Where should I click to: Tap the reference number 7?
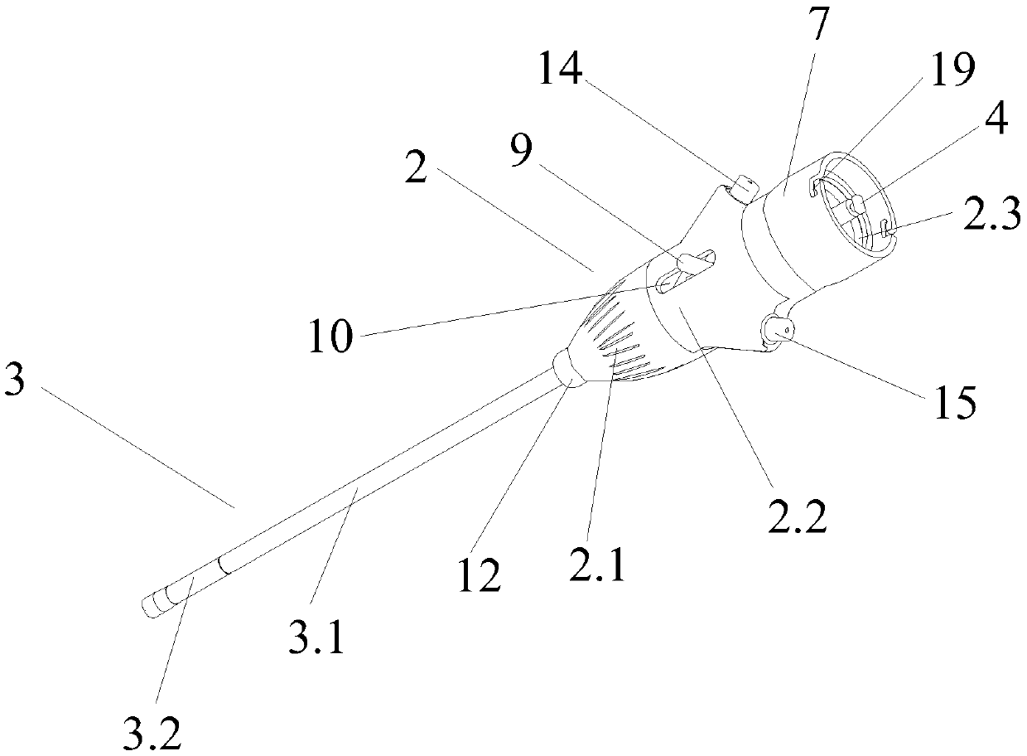click(817, 27)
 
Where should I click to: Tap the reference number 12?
click(481, 573)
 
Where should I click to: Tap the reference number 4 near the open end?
click(996, 121)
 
